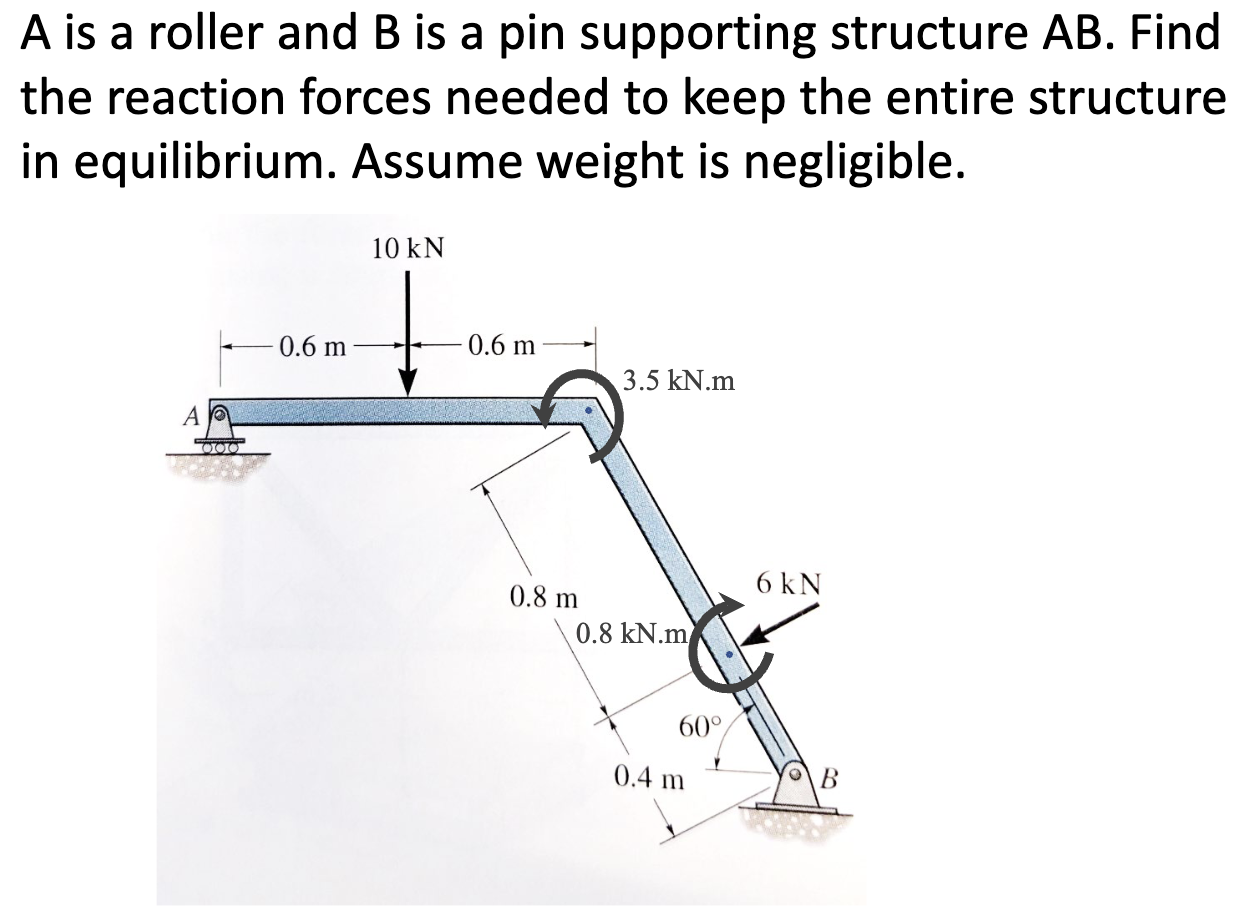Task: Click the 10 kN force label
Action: (407, 247)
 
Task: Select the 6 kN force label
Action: (789, 583)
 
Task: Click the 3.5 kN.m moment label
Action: (678, 380)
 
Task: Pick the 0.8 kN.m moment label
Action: (633, 632)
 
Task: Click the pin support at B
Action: (800, 790)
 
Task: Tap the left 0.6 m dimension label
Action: (311, 347)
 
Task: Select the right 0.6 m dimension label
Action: (503, 347)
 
